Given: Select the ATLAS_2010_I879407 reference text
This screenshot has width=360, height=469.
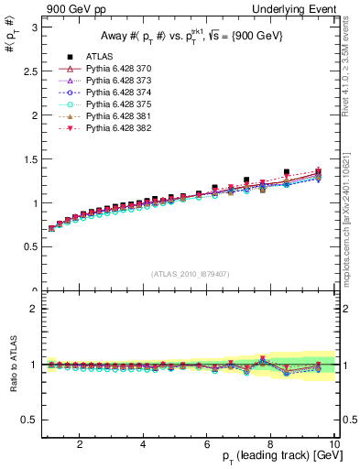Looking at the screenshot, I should coord(190,275).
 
